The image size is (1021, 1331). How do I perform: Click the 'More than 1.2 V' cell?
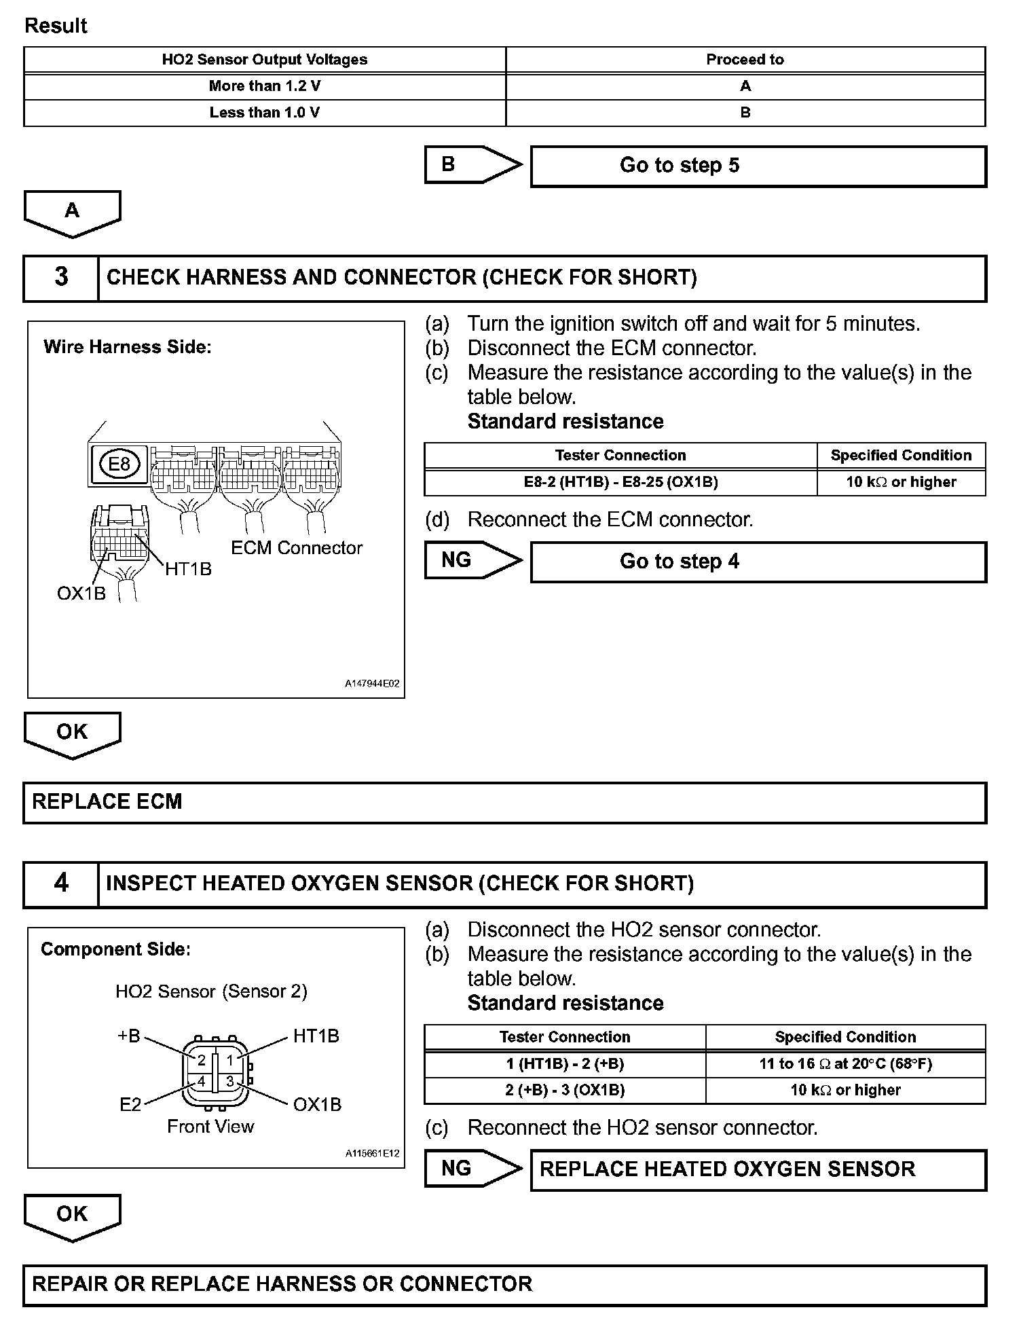265,86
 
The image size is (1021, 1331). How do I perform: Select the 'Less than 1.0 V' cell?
265,113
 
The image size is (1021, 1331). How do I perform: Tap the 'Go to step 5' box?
758,166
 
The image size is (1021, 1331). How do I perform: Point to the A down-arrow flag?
72,213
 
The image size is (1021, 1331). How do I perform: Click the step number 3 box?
61,278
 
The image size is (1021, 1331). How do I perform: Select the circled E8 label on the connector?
119,464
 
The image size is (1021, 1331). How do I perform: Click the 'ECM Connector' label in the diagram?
297,548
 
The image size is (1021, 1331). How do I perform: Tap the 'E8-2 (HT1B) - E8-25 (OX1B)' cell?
620,482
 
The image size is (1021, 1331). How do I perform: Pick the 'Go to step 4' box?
758,562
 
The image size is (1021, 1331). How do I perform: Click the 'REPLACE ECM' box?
504,802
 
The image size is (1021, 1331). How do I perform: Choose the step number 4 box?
61,883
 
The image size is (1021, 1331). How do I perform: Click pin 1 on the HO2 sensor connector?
230,1060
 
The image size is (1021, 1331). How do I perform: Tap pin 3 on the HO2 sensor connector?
230,1081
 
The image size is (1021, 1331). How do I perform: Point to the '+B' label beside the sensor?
129,1036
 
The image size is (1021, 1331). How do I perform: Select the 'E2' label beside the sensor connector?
130,1105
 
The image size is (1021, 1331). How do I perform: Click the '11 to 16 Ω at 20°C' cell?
845,1064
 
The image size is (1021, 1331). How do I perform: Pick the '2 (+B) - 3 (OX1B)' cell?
565,1090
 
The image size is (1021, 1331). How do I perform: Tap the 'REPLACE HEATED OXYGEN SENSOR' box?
758,1169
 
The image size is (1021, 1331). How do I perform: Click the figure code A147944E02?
372,684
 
